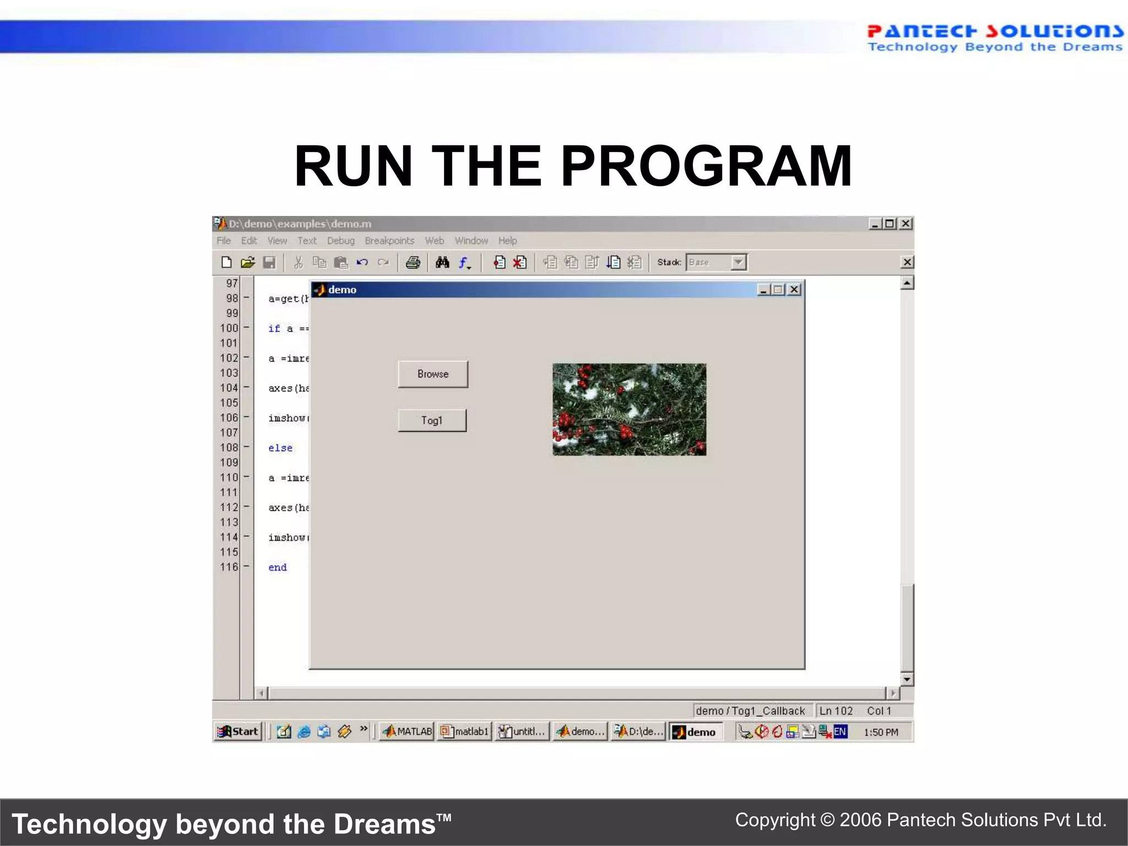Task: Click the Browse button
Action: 433,374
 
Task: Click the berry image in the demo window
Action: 629,409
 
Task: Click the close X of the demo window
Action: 794,290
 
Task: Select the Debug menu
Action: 340,241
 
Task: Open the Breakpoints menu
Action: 389,241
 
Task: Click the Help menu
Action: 507,241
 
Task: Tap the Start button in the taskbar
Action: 238,731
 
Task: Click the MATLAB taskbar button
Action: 408,731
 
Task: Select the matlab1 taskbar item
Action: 465,731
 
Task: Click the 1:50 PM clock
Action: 880,732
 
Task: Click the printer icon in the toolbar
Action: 413,263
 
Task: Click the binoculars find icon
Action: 442,263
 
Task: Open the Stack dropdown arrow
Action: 739,262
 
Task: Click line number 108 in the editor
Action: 229,447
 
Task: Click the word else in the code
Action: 280,448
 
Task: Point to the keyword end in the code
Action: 277,567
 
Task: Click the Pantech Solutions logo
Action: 994,38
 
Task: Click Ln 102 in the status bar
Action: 836,711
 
